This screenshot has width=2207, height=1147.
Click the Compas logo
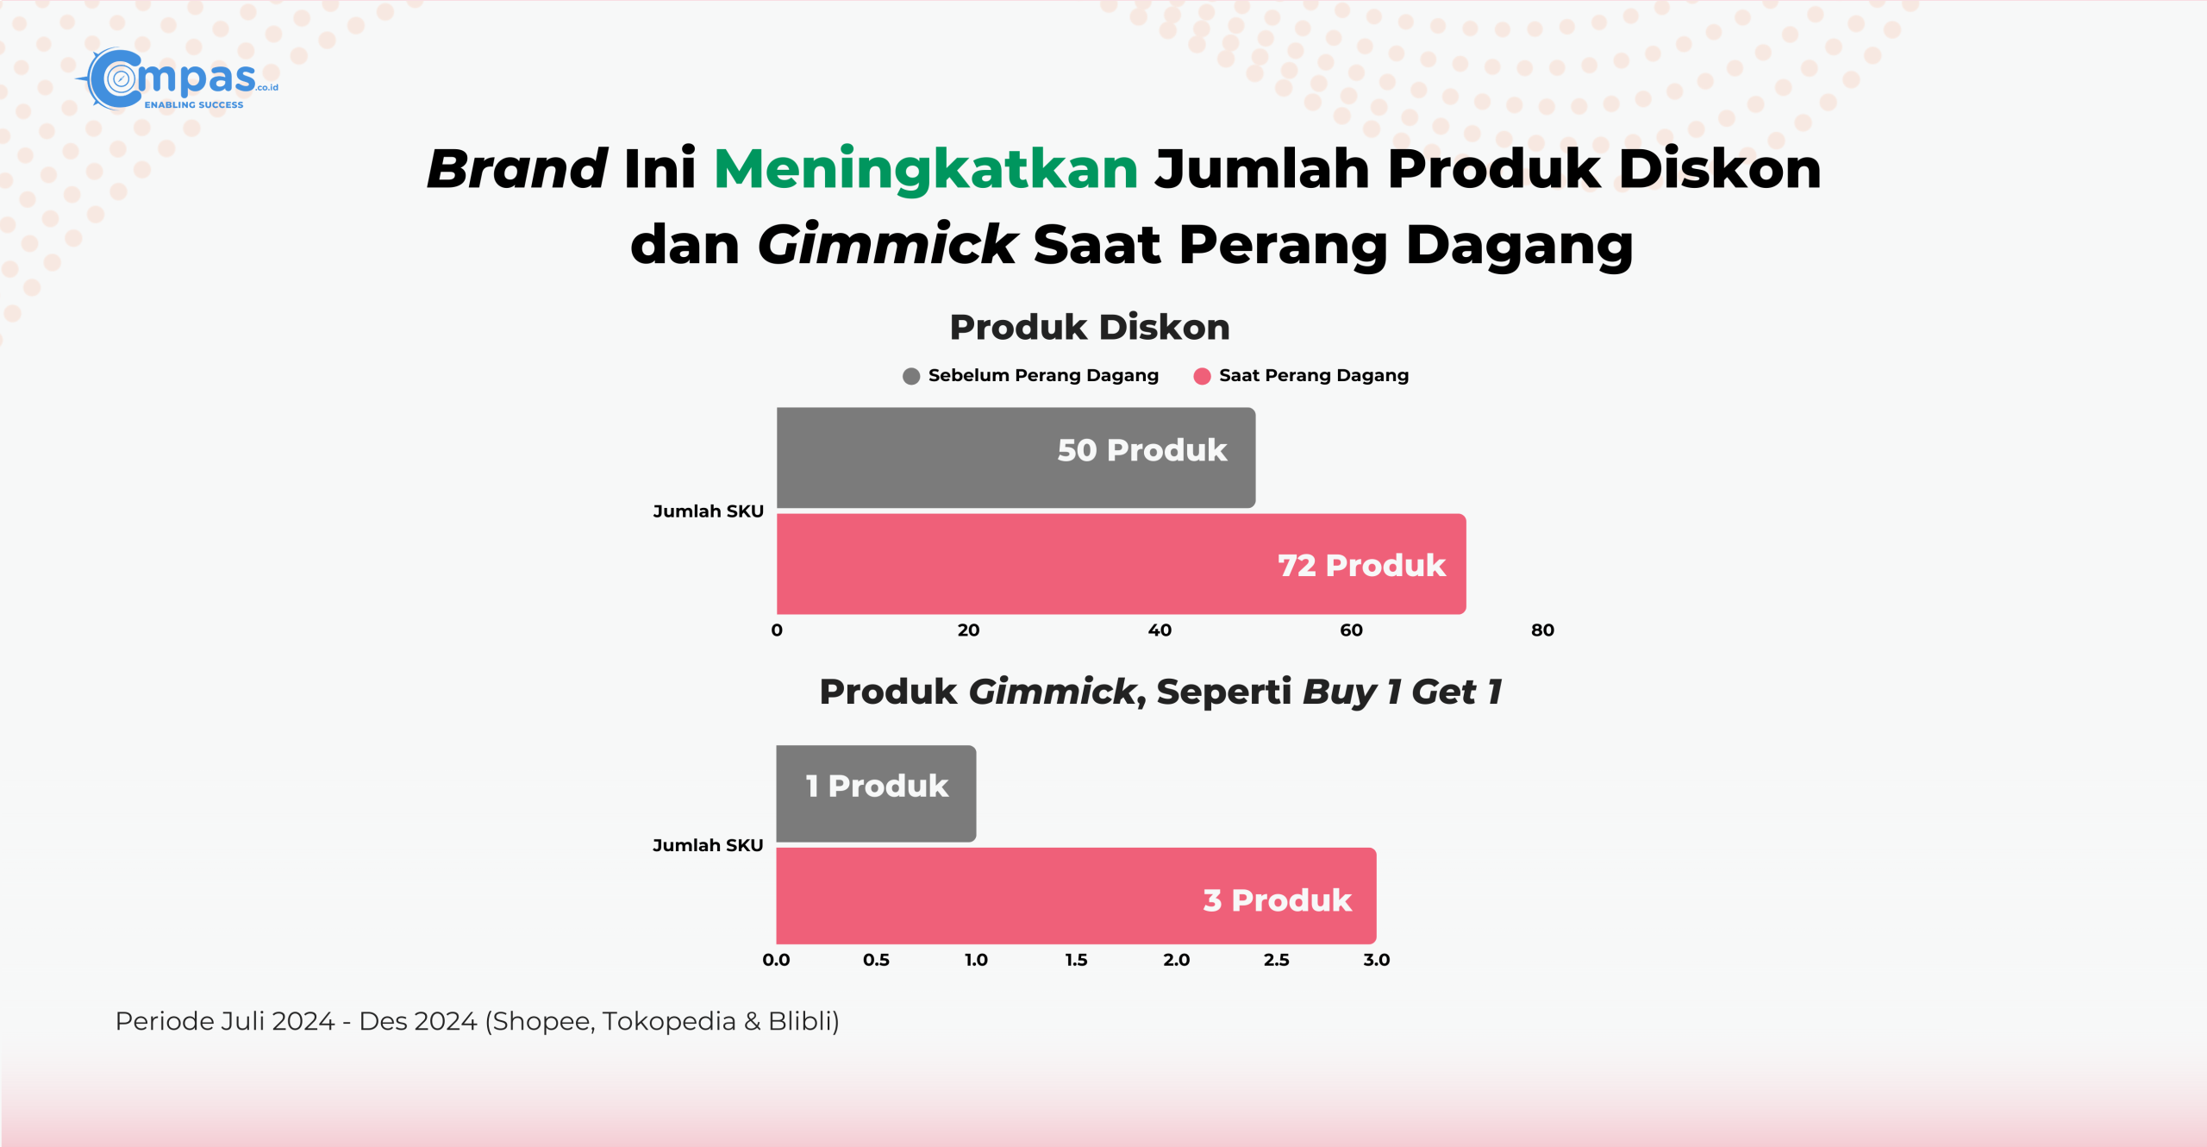tap(177, 79)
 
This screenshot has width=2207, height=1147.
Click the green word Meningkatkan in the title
tap(926, 170)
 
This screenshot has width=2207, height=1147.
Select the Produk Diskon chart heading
tap(1090, 328)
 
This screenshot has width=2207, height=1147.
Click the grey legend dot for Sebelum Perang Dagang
tap(911, 376)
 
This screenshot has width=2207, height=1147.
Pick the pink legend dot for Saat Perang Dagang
tap(1202, 376)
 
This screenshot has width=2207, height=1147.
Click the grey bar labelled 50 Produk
tap(1016, 458)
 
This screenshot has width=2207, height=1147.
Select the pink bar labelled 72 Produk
tap(1121, 564)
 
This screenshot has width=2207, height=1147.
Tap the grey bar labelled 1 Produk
tap(876, 793)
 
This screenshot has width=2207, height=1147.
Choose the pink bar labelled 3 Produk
tap(1076, 896)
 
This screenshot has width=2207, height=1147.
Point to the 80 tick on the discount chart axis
tap(1542, 630)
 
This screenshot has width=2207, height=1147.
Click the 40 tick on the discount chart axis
tap(1160, 630)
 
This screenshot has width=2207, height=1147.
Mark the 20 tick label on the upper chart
tap(968, 630)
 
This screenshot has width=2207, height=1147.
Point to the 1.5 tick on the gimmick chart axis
tap(1076, 960)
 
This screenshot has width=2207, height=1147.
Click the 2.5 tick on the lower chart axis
tap(1276, 960)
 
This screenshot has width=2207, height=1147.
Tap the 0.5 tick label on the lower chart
tap(876, 960)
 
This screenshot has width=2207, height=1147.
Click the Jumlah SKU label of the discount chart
tap(708, 511)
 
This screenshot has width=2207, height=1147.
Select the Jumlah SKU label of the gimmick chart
tap(708, 845)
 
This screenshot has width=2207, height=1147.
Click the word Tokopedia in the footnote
tap(669, 1021)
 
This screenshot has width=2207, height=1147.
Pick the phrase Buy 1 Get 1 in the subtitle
tap(1403, 692)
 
